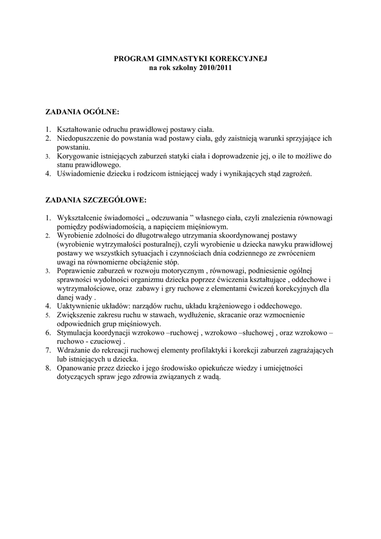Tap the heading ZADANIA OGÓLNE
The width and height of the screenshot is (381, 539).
coord(83,112)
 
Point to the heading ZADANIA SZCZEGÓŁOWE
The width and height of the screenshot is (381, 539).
coord(96,200)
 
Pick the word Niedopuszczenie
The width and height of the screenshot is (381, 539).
coord(83,138)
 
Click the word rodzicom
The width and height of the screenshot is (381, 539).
coord(151,174)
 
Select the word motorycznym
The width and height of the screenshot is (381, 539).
coord(179,271)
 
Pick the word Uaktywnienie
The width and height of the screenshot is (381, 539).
coord(78,305)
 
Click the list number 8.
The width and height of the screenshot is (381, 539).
coord(48,368)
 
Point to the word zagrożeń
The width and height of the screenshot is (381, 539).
coord(298,174)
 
